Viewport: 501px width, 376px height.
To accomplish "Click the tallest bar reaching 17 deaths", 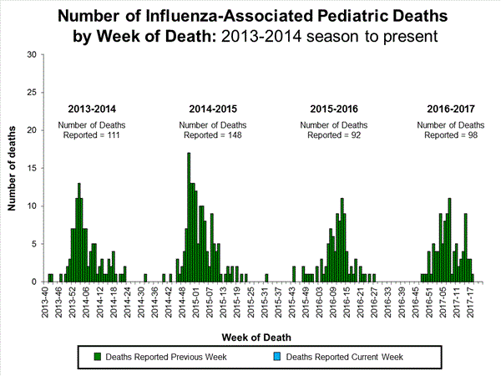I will coord(189,217).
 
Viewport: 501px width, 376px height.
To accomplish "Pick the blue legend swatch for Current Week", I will coord(278,357).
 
